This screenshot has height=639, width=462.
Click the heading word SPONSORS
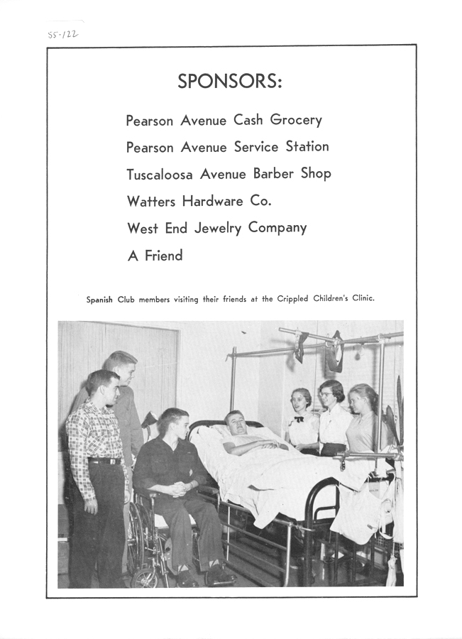pyautogui.click(x=229, y=82)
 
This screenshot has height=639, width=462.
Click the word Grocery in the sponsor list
pyautogui.click(x=295, y=121)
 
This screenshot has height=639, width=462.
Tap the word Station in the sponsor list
pyautogui.click(x=307, y=147)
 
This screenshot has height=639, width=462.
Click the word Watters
pyautogui.click(x=151, y=201)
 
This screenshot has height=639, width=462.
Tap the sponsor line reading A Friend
pyautogui.click(x=155, y=256)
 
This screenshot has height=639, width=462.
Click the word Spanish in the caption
pyautogui.click(x=100, y=300)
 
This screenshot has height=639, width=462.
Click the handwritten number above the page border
pyautogui.click(x=63, y=33)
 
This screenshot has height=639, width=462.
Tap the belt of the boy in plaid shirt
pyautogui.click(x=105, y=461)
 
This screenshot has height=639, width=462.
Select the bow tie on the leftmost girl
pyautogui.click(x=299, y=420)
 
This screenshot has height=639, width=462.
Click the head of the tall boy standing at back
pyautogui.click(x=121, y=366)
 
